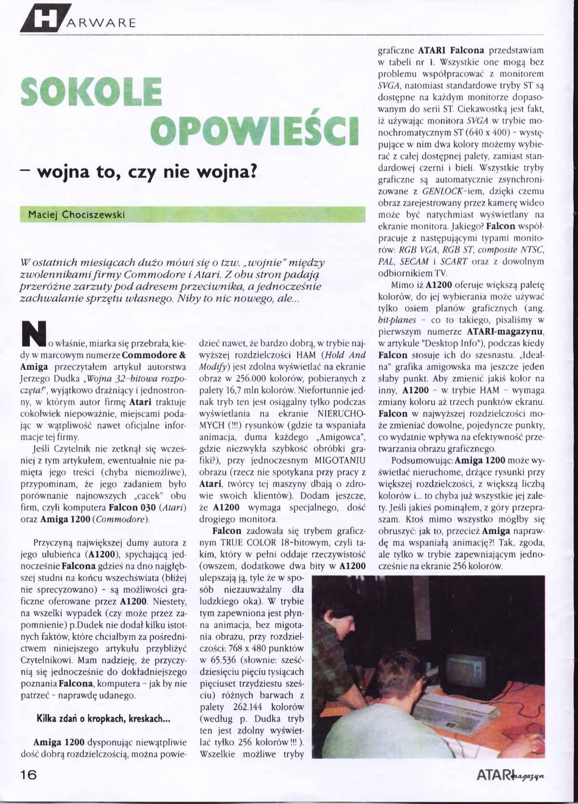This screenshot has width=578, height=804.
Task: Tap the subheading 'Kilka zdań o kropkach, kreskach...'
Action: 103,719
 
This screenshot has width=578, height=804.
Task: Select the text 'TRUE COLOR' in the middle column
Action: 245,543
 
